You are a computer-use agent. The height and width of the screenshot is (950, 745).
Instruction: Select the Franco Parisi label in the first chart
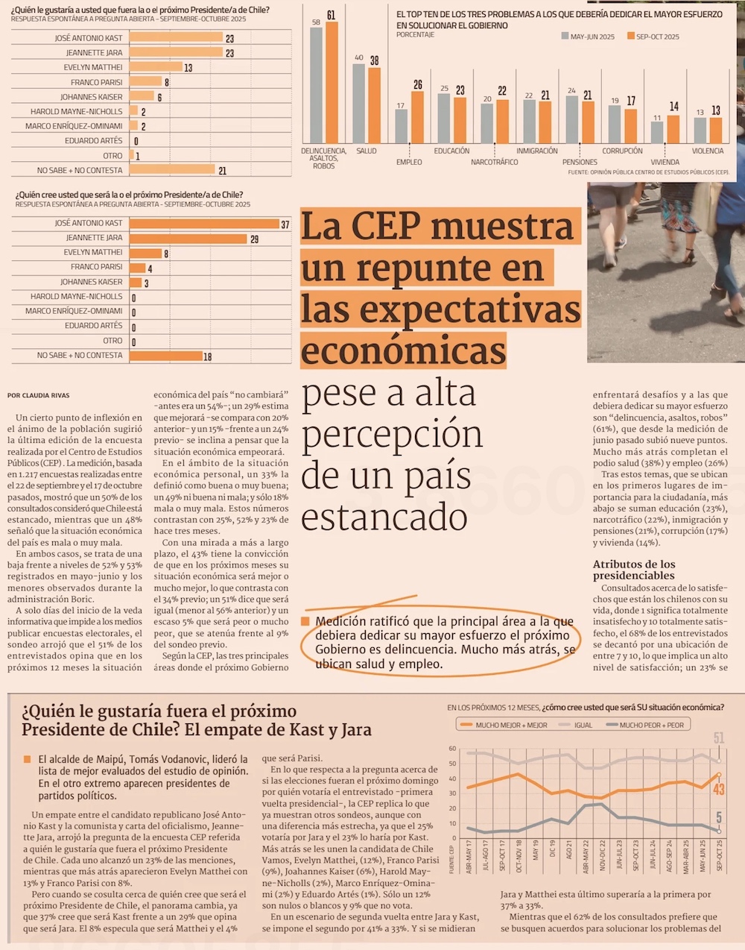point(97,82)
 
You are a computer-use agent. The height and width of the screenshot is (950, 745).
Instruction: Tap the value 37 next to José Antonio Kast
point(285,224)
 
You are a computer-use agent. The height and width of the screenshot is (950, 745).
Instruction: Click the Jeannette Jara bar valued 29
point(188,239)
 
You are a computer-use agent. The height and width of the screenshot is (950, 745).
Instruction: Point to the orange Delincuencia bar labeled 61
point(332,83)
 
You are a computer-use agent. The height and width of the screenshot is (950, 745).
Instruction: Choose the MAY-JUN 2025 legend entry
point(588,37)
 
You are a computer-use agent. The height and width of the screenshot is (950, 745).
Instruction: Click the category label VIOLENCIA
point(707,151)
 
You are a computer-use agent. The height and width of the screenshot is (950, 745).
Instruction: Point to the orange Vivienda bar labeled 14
point(673,129)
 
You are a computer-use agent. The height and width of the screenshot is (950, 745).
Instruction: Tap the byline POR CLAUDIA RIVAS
point(38,395)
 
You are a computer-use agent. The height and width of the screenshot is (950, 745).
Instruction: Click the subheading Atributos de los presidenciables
point(634,570)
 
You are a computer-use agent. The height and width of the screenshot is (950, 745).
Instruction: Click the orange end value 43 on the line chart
point(719,790)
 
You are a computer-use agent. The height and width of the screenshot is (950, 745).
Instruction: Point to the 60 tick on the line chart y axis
point(451,749)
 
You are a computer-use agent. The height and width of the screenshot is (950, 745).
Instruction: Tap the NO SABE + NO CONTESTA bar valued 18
point(166,356)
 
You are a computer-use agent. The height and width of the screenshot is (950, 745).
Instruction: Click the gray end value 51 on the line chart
point(719,738)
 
